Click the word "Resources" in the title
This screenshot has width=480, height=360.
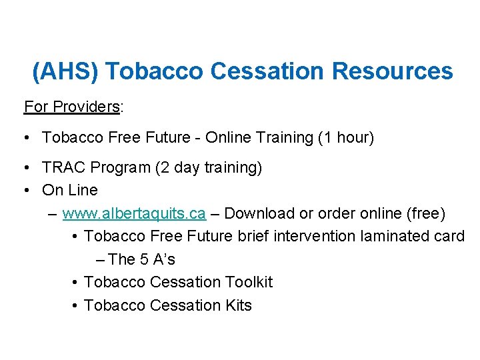[x=395, y=71]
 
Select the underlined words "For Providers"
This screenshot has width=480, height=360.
[x=72, y=107]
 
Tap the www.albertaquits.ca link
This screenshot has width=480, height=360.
[x=133, y=213]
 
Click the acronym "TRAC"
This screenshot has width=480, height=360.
[x=63, y=167]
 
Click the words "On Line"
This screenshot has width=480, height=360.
[x=69, y=190]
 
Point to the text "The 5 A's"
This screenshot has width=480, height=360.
[x=141, y=259]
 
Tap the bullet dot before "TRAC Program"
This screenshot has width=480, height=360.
[x=25, y=168]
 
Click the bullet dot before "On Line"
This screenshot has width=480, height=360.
[x=25, y=191]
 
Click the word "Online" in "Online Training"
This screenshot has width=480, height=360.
[x=225, y=137]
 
